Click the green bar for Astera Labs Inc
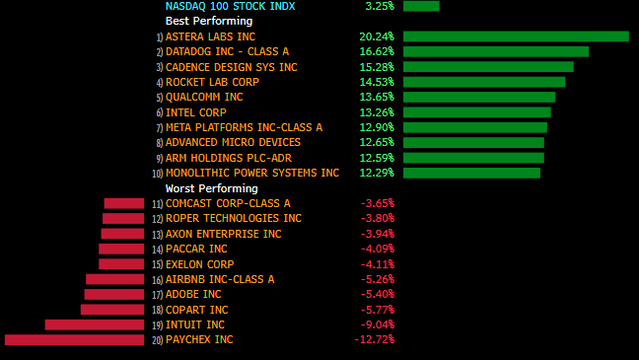tap(516, 36)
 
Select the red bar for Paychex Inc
tap(75, 339)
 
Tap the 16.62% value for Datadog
tap(377, 51)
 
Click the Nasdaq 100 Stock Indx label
tap(230, 6)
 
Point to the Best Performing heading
tap(209, 21)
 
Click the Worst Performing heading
tap(211, 188)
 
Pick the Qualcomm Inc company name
tap(204, 97)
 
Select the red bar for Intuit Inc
tap(95, 324)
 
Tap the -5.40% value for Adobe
tap(378, 294)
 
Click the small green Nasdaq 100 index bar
tap(421, 6)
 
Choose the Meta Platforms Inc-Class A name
tap(245, 127)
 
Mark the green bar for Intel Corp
tap(477, 112)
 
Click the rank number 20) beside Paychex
tap(158, 340)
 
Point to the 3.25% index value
tap(380, 6)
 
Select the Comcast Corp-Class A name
tap(228, 203)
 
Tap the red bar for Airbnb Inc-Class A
tap(115, 279)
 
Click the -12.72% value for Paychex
tap(375, 339)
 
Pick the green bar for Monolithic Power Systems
tap(472, 173)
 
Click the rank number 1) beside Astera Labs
tap(160, 37)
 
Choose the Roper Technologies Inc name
tap(234, 219)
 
